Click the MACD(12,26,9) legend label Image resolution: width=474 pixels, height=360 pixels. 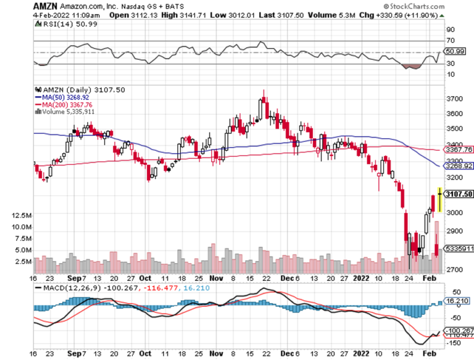67,288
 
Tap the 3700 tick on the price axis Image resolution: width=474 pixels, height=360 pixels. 455,99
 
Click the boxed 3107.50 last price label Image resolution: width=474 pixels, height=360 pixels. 458,194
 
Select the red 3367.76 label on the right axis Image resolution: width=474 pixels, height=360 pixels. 458,149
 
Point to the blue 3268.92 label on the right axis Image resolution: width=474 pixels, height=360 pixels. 458,166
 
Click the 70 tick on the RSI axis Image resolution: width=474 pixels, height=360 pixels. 451,40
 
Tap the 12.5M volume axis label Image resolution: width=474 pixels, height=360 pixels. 21,216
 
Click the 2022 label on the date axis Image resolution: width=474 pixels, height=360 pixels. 361,278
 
